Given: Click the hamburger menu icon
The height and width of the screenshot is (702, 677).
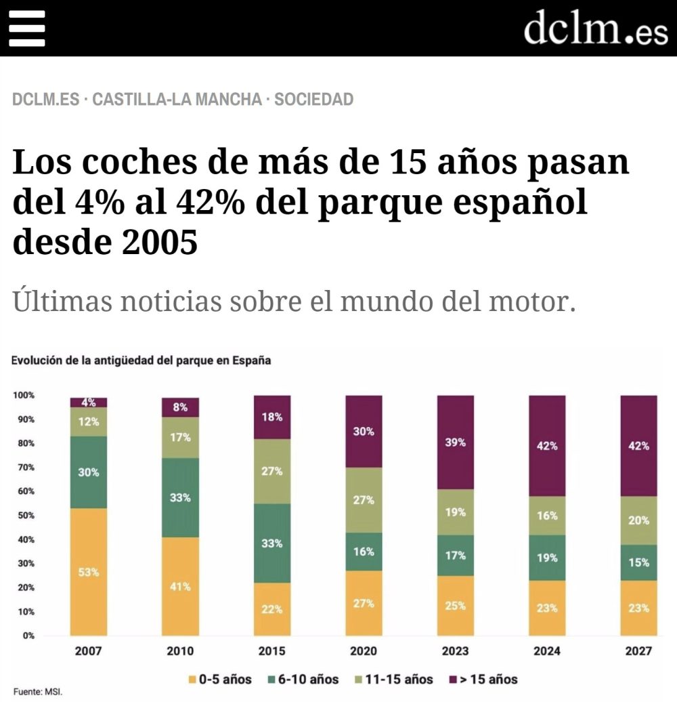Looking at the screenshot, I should [x=26, y=28].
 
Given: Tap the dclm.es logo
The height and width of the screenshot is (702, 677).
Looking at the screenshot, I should [x=595, y=28].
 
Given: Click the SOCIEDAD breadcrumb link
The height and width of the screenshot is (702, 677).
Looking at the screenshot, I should [x=313, y=100].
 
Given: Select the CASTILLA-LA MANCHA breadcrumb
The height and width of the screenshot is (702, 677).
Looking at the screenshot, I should [x=177, y=100].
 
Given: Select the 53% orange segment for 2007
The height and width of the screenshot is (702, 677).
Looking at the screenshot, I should [x=89, y=572].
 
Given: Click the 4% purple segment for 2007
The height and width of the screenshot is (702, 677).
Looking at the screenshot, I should [x=89, y=402].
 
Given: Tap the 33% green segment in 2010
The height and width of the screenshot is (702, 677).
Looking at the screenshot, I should [x=180, y=497].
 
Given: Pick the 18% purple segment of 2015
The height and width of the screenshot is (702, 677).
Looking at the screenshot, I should [x=272, y=417].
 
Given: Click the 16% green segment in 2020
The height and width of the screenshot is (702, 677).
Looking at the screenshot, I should [x=364, y=552].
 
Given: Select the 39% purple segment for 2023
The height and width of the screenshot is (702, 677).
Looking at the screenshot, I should [x=455, y=442].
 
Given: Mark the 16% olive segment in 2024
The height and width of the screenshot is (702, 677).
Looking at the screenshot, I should [x=547, y=516].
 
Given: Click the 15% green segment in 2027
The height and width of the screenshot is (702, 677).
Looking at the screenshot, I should [x=638, y=562].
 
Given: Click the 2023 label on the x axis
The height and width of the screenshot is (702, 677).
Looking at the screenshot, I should [x=455, y=652].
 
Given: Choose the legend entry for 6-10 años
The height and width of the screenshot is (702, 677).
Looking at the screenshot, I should [x=302, y=679].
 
